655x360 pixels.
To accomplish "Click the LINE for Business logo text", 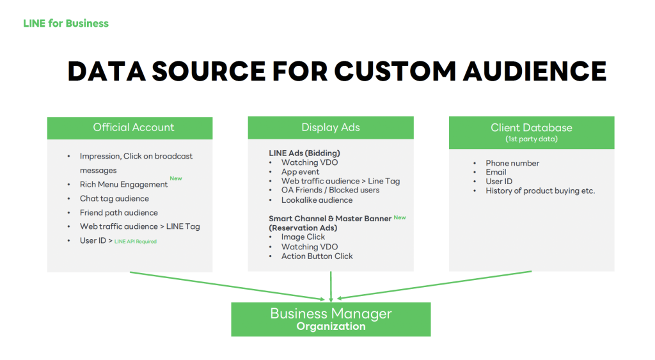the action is pyautogui.click(x=66, y=24).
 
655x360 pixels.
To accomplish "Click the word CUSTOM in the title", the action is pyautogui.click(x=394, y=71).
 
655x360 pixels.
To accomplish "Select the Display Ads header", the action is pyautogui.click(x=331, y=127).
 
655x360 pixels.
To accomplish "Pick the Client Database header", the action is pyautogui.click(x=532, y=132).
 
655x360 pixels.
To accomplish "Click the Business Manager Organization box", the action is pyautogui.click(x=331, y=320).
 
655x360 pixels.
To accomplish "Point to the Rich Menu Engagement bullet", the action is pyautogui.click(x=123, y=185).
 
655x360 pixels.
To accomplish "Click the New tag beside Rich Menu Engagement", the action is pyautogui.click(x=176, y=178).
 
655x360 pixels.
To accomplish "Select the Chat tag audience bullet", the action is pyautogui.click(x=114, y=198).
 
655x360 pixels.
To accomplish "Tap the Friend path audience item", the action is pyautogui.click(x=119, y=212).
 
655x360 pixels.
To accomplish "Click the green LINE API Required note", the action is pyautogui.click(x=136, y=242).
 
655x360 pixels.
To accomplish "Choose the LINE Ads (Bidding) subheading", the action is pyautogui.click(x=304, y=153).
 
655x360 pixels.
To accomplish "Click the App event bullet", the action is pyautogui.click(x=301, y=171).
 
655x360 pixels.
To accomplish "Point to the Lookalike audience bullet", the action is pyautogui.click(x=317, y=200).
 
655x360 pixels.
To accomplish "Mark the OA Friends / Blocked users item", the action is pyautogui.click(x=331, y=190).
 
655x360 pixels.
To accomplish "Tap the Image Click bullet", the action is pyautogui.click(x=303, y=237).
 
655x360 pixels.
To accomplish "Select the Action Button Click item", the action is pyautogui.click(x=317, y=256).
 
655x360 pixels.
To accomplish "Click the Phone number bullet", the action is pyautogui.click(x=512, y=163).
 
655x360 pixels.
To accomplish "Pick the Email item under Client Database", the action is pyautogui.click(x=496, y=172).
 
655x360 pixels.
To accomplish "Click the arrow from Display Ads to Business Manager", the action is pyautogui.click(x=331, y=286).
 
